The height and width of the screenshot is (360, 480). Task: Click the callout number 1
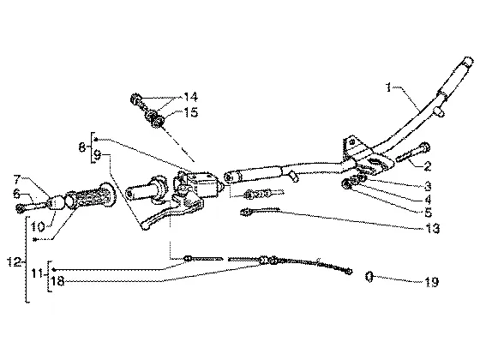click(x=388, y=87)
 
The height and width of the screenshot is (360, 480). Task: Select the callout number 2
click(x=428, y=166)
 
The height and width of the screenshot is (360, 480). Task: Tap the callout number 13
click(x=433, y=228)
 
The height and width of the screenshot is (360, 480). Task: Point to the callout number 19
click(x=432, y=282)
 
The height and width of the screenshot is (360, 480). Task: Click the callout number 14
click(x=190, y=97)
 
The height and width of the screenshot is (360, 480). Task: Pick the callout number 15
click(x=191, y=112)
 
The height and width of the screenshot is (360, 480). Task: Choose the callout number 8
click(x=82, y=147)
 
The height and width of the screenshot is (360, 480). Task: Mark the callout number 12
click(x=14, y=262)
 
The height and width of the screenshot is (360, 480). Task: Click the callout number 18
click(x=57, y=281)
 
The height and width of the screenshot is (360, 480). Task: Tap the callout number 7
click(x=17, y=178)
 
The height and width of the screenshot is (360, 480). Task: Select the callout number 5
click(x=428, y=213)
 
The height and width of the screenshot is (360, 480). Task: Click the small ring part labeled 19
click(x=369, y=277)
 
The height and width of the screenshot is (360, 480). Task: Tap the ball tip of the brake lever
click(x=146, y=226)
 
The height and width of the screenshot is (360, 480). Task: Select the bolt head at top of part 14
click(x=135, y=99)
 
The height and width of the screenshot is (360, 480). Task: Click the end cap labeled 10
click(x=55, y=203)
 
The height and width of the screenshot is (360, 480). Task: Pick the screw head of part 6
click(x=21, y=208)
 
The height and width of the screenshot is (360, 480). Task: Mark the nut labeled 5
click(x=346, y=184)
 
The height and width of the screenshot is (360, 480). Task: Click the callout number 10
click(x=38, y=226)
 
